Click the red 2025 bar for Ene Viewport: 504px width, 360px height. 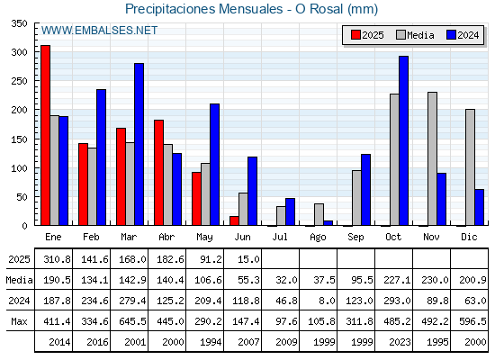(45, 135)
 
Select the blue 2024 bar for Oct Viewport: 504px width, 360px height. (404, 140)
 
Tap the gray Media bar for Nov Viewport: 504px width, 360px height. (432, 158)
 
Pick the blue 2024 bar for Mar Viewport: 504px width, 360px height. (139, 144)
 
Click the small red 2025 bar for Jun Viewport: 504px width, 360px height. (234, 220)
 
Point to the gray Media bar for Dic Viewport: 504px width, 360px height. (470, 167)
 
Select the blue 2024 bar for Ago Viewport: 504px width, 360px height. (328, 223)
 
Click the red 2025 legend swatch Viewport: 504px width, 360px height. (355, 35)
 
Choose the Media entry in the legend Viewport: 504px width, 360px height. (415, 35)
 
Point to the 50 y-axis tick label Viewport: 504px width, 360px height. (22, 197)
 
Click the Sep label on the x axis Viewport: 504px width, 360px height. (355, 237)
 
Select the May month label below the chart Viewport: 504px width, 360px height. (204, 237)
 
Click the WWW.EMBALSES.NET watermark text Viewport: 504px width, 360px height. (99, 31)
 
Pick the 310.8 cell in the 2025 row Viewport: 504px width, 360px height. (57, 259)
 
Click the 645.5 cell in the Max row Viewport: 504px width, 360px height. (132, 321)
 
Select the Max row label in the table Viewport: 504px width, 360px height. (19, 321)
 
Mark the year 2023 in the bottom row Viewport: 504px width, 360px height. (400, 342)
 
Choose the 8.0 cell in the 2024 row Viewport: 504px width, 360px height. (328, 301)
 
